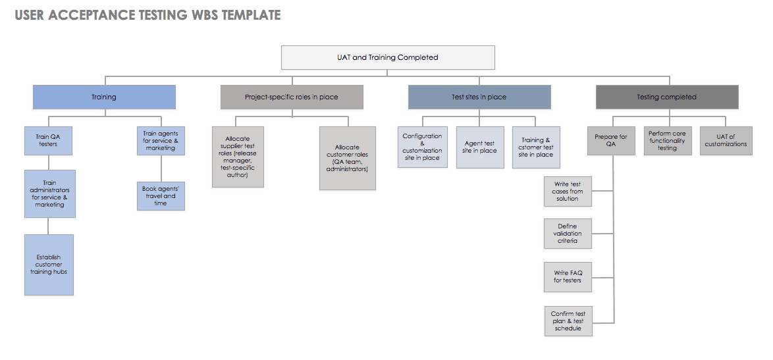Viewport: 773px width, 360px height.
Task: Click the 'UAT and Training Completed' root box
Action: pyautogui.click(x=388, y=57)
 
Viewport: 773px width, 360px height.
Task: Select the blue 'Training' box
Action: pyautogui.click(x=104, y=97)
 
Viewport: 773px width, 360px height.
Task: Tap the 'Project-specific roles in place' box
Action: pyautogui.click(x=292, y=97)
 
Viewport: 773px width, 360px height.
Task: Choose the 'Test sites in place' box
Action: pyautogui.click(x=479, y=97)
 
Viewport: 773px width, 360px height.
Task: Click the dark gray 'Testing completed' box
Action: pyautogui.click(x=666, y=97)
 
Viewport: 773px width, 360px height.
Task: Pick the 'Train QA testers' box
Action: pyautogui.click(x=48, y=141)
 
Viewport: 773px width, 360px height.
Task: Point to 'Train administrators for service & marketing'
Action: pyautogui.click(x=50, y=193)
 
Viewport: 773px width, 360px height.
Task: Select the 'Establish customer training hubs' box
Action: pyautogui.click(x=49, y=265)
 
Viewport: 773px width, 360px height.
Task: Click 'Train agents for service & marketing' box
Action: pyautogui.click(x=161, y=141)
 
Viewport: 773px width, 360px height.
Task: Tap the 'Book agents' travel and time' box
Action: pyautogui.click(x=161, y=196)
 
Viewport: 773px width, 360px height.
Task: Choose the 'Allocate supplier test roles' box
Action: pyautogui.click(x=238, y=157)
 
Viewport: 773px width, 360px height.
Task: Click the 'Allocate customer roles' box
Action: pyautogui.click(x=347, y=158)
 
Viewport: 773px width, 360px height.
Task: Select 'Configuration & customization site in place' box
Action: pyautogui.click(x=422, y=147)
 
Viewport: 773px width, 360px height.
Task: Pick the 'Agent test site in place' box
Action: pyautogui.click(x=479, y=147)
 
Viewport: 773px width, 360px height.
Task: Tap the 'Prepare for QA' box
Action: pyautogui.click(x=610, y=141)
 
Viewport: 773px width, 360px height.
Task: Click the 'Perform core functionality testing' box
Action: pyautogui.click(x=667, y=141)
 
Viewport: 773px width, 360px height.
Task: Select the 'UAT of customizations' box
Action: pyautogui.click(x=726, y=141)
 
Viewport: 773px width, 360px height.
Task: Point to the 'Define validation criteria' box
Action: pyautogui.click(x=568, y=234)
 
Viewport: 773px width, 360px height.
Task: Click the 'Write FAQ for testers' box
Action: pyautogui.click(x=568, y=276)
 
